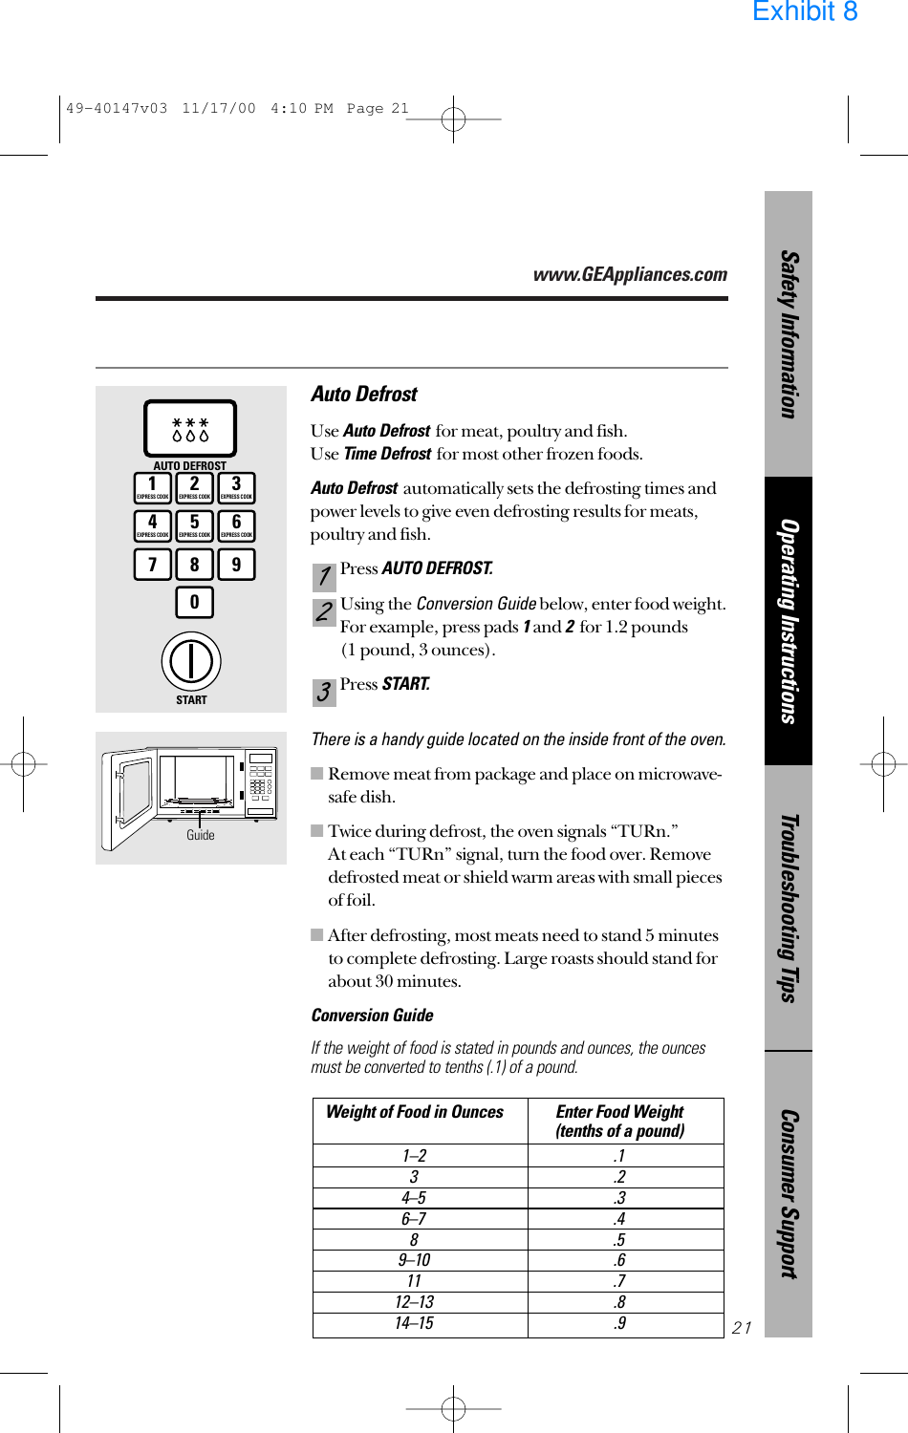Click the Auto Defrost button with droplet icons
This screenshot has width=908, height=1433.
(190, 428)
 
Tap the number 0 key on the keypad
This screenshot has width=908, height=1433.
(194, 602)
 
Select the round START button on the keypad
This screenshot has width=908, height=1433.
(191, 661)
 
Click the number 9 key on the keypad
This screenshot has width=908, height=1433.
(236, 565)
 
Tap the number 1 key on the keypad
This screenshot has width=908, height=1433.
(153, 487)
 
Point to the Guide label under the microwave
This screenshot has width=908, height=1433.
(201, 835)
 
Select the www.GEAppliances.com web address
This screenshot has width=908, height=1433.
(630, 275)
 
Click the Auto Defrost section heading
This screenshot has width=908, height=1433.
(364, 395)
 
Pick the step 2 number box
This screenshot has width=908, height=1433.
(324, 612)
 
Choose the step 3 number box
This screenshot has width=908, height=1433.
(324, 692)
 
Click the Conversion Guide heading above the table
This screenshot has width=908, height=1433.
(372, 1016)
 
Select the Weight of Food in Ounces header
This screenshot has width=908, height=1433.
(415, 1112)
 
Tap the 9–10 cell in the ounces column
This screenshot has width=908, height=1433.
(415, 1260)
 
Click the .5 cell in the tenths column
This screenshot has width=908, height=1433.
(620, 1239)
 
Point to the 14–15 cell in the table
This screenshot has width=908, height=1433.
(415, 1323)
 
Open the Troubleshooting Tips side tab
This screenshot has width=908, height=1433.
(789, 908)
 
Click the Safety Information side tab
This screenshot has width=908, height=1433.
(789, 334)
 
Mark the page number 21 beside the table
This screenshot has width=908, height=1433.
(742, 1328)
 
